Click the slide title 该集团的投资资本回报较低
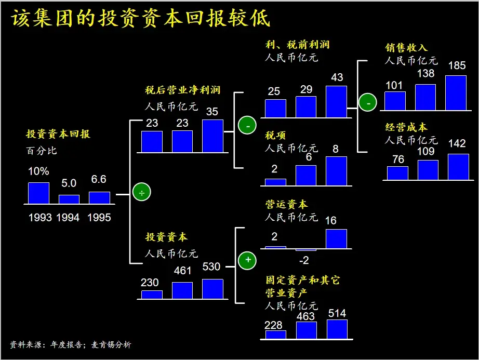click(141, 19)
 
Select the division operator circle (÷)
click(141, 192)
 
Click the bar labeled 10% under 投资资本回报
click(38, 193)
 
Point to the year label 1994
click(69, 217)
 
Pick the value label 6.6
click(99, 180)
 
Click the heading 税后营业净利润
click(182, 90)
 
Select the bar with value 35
click(212, 136)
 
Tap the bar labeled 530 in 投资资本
click(212, 289)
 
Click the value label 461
click(182, 271)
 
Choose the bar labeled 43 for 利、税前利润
click(336, 101)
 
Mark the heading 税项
click(275, 136)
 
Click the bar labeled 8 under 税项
click(336, 171)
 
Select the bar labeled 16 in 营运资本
click(336, 238)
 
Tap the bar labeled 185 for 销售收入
click(456, 93)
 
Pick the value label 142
click(457, 143)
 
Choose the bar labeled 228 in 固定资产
click(275, 335)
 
